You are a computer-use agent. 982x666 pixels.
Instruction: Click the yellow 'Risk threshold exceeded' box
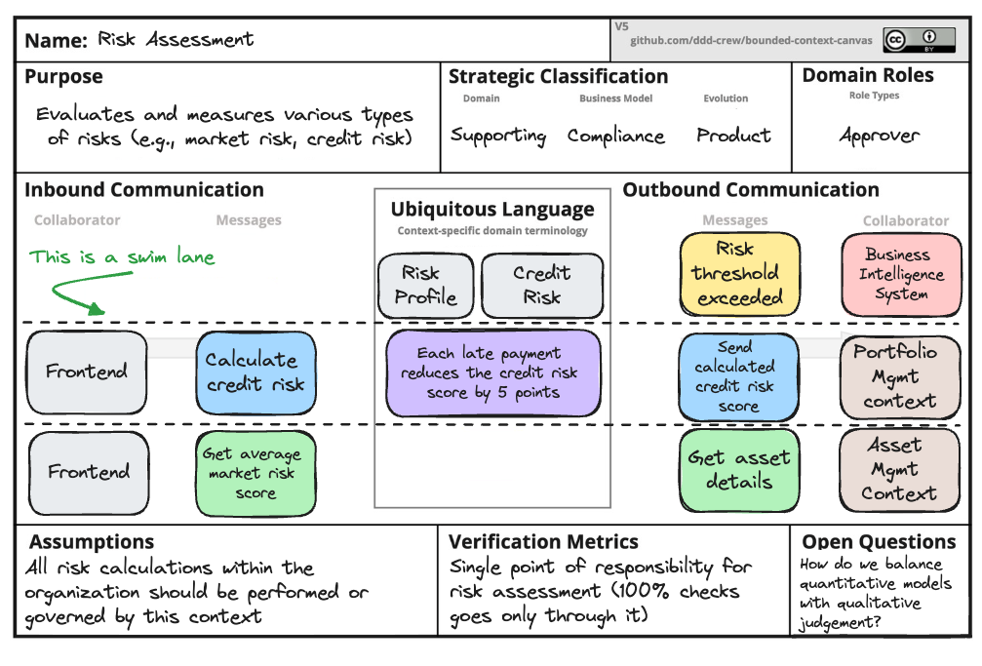click(740, 273)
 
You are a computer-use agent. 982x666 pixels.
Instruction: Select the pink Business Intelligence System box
click(900, 274)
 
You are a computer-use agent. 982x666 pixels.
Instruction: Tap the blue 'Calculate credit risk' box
click(255, 372)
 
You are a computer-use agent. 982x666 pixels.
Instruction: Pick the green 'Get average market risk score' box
click(255, 474)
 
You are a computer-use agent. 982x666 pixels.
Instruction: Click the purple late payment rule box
click(492, 372)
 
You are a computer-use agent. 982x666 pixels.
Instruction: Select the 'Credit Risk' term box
click(541, 286)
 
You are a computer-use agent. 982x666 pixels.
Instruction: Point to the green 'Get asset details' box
click(738, 470)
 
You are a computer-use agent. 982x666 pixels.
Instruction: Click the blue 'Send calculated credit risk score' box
click(738, 376)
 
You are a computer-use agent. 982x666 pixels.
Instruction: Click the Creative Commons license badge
click(920, 40)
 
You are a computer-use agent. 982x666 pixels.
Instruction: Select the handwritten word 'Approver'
click(879, 136)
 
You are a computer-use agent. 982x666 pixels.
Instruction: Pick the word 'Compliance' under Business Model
click(616, 136)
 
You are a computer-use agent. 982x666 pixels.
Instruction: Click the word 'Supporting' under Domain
click(498, 136)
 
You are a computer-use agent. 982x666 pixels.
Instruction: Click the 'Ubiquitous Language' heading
click(492, 209)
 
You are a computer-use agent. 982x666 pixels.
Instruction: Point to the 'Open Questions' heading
click(879, 542)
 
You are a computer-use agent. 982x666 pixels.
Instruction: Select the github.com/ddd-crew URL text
click(751, 41)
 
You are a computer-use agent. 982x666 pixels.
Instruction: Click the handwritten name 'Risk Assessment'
click(176, 40)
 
